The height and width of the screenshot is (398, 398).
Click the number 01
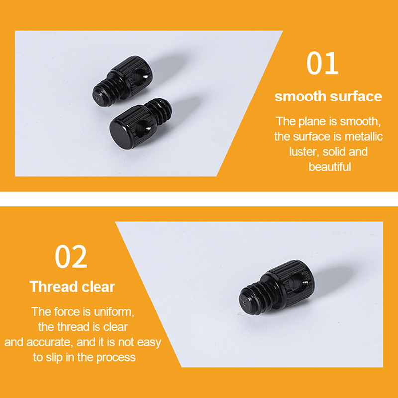point(322,63)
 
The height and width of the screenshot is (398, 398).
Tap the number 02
point(71,256)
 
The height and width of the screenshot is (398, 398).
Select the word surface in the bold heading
point(356,96)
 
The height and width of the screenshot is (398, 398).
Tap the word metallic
point(364,136)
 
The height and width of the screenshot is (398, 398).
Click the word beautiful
point(330,167)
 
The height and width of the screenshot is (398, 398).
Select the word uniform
point(114,312)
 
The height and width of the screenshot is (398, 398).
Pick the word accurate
point(49,342)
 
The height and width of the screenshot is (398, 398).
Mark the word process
point(116,358)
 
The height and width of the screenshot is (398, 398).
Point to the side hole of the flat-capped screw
point(143,129)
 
